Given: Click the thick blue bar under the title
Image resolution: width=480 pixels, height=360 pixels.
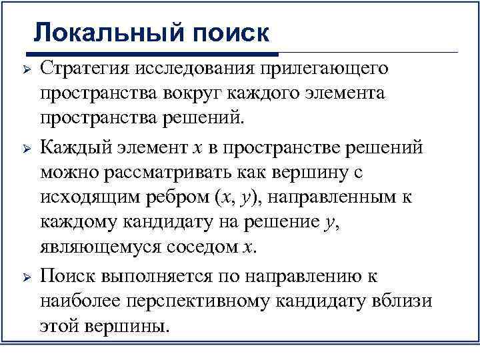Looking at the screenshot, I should (153, 51).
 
